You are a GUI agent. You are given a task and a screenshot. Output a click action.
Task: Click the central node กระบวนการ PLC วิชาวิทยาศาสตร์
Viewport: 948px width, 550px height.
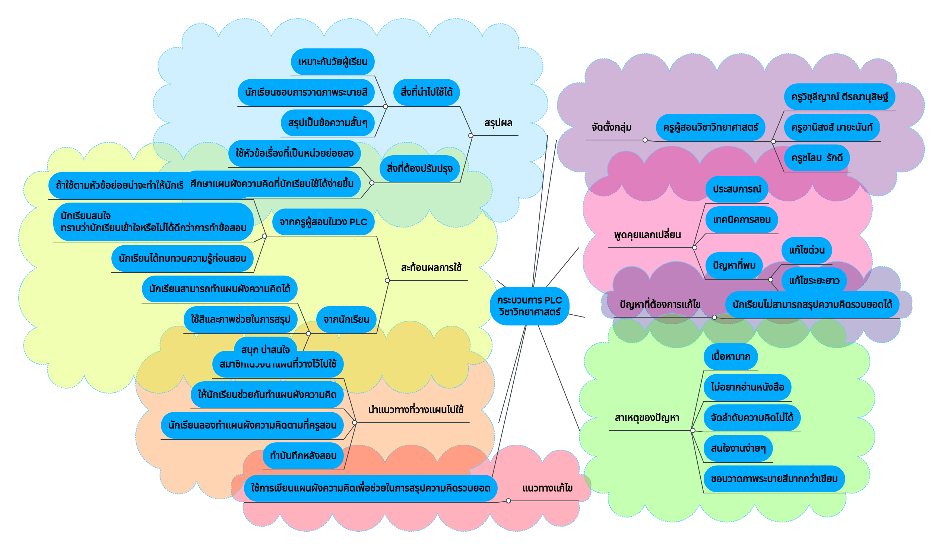point(529,306)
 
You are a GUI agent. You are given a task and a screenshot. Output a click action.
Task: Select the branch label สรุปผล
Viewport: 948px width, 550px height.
point(498,123)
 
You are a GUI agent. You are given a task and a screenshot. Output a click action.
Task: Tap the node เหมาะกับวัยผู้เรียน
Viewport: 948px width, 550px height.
point(333,62)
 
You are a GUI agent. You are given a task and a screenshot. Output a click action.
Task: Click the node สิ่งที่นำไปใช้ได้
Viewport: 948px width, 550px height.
point(426,92)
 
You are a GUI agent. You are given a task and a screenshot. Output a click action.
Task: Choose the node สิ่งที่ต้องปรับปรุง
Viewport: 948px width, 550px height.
point(419,169)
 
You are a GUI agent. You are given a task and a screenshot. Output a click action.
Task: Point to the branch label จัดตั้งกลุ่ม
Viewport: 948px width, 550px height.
point(611,127)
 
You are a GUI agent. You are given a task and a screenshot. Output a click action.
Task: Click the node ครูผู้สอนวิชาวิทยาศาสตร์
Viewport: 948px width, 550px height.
point(710,127)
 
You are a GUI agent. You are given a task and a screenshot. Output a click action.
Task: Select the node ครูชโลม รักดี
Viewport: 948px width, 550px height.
point(817,158)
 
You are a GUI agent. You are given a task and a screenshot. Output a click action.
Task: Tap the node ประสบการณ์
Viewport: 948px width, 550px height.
point(736,189)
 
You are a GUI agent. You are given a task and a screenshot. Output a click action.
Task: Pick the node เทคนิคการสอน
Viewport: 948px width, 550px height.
point(742,220)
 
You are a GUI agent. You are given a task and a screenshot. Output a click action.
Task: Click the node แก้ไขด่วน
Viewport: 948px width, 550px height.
point(806,250)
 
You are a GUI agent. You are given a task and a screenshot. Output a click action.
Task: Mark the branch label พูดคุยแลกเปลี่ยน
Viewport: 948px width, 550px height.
point(647,235)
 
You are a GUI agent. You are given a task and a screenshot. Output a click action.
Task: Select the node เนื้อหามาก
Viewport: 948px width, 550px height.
point(730,357)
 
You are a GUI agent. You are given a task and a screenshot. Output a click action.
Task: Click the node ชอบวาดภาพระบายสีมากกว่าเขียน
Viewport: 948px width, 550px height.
point(774,479)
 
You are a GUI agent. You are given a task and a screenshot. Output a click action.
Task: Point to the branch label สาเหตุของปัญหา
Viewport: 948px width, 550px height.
point(647,418)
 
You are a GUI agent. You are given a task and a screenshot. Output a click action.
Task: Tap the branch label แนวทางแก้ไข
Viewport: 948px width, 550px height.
point(547,488)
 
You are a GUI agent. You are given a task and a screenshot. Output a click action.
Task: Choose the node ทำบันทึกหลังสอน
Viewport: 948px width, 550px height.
point(303,456)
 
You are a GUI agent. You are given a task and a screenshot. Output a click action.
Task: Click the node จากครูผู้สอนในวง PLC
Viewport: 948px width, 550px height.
point(323,222)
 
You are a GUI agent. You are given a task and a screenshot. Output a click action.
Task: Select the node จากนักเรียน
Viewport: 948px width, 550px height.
point(346,319)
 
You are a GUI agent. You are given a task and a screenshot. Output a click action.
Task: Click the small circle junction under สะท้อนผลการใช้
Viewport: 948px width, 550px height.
point(387,280)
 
